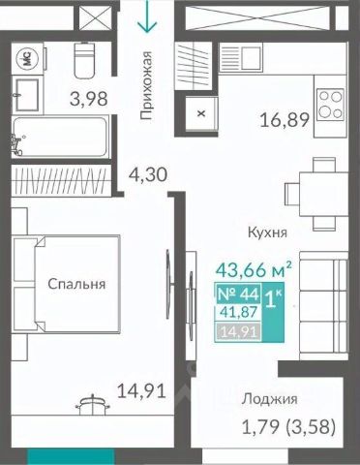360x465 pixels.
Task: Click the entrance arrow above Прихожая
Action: pyautogui.click(x=147, y=16)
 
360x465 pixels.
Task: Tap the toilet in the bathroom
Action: pyautogui.click(x=84, y=60)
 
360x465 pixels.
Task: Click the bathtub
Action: pyautogui.click(x=60, y=138)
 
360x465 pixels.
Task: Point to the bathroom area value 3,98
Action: pyautogui.click(x=89, y=99)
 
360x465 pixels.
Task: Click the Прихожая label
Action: pyautogui.click(x=146, y=85)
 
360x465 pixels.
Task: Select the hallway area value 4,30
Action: pyautogui.click(x=148, y=175)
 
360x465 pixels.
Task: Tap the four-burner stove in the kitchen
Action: pyautogui.click(x=330, y=105)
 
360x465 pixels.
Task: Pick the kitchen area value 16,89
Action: pyautogui.click(x=285, y=120)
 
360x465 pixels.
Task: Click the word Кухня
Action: pyautogui.click(x=267, y=232)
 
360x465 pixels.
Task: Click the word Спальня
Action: pyautogui.click(x=76, y=284)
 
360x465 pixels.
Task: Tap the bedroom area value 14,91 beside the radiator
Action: pyautogui.click(x=141, y=391)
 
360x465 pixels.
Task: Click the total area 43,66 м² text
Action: pyautogui.click(x=254, y=270)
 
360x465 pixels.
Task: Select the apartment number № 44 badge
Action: pyautogui.click(x=239, y=294)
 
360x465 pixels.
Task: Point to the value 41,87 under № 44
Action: pyautogui.click(x=239, y=312)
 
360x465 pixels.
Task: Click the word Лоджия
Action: pyautogui.click(x=270, y=400)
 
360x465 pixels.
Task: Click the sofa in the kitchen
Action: pyautogui.click(x=323, y=306)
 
